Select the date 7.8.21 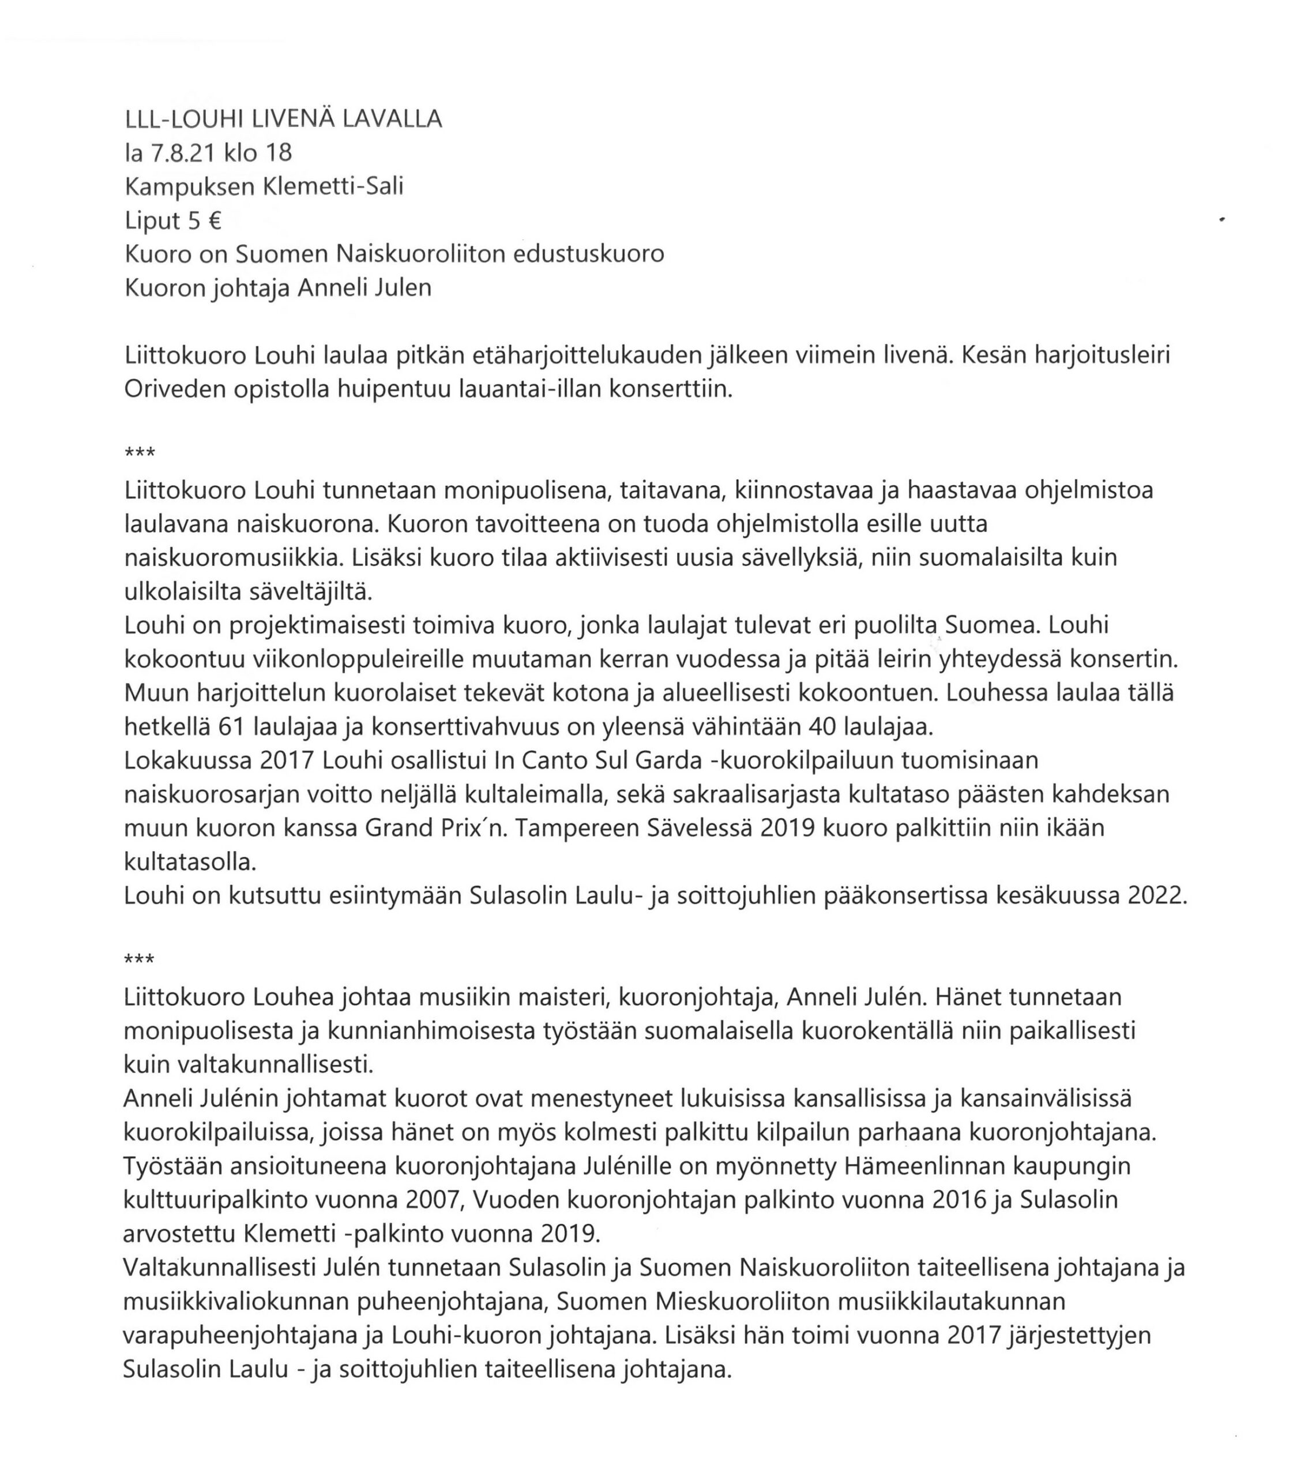tap(182, 152)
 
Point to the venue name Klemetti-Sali tap(333, 186)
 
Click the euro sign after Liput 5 tap(214, 220)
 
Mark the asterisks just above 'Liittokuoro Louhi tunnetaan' tap(140, 454)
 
